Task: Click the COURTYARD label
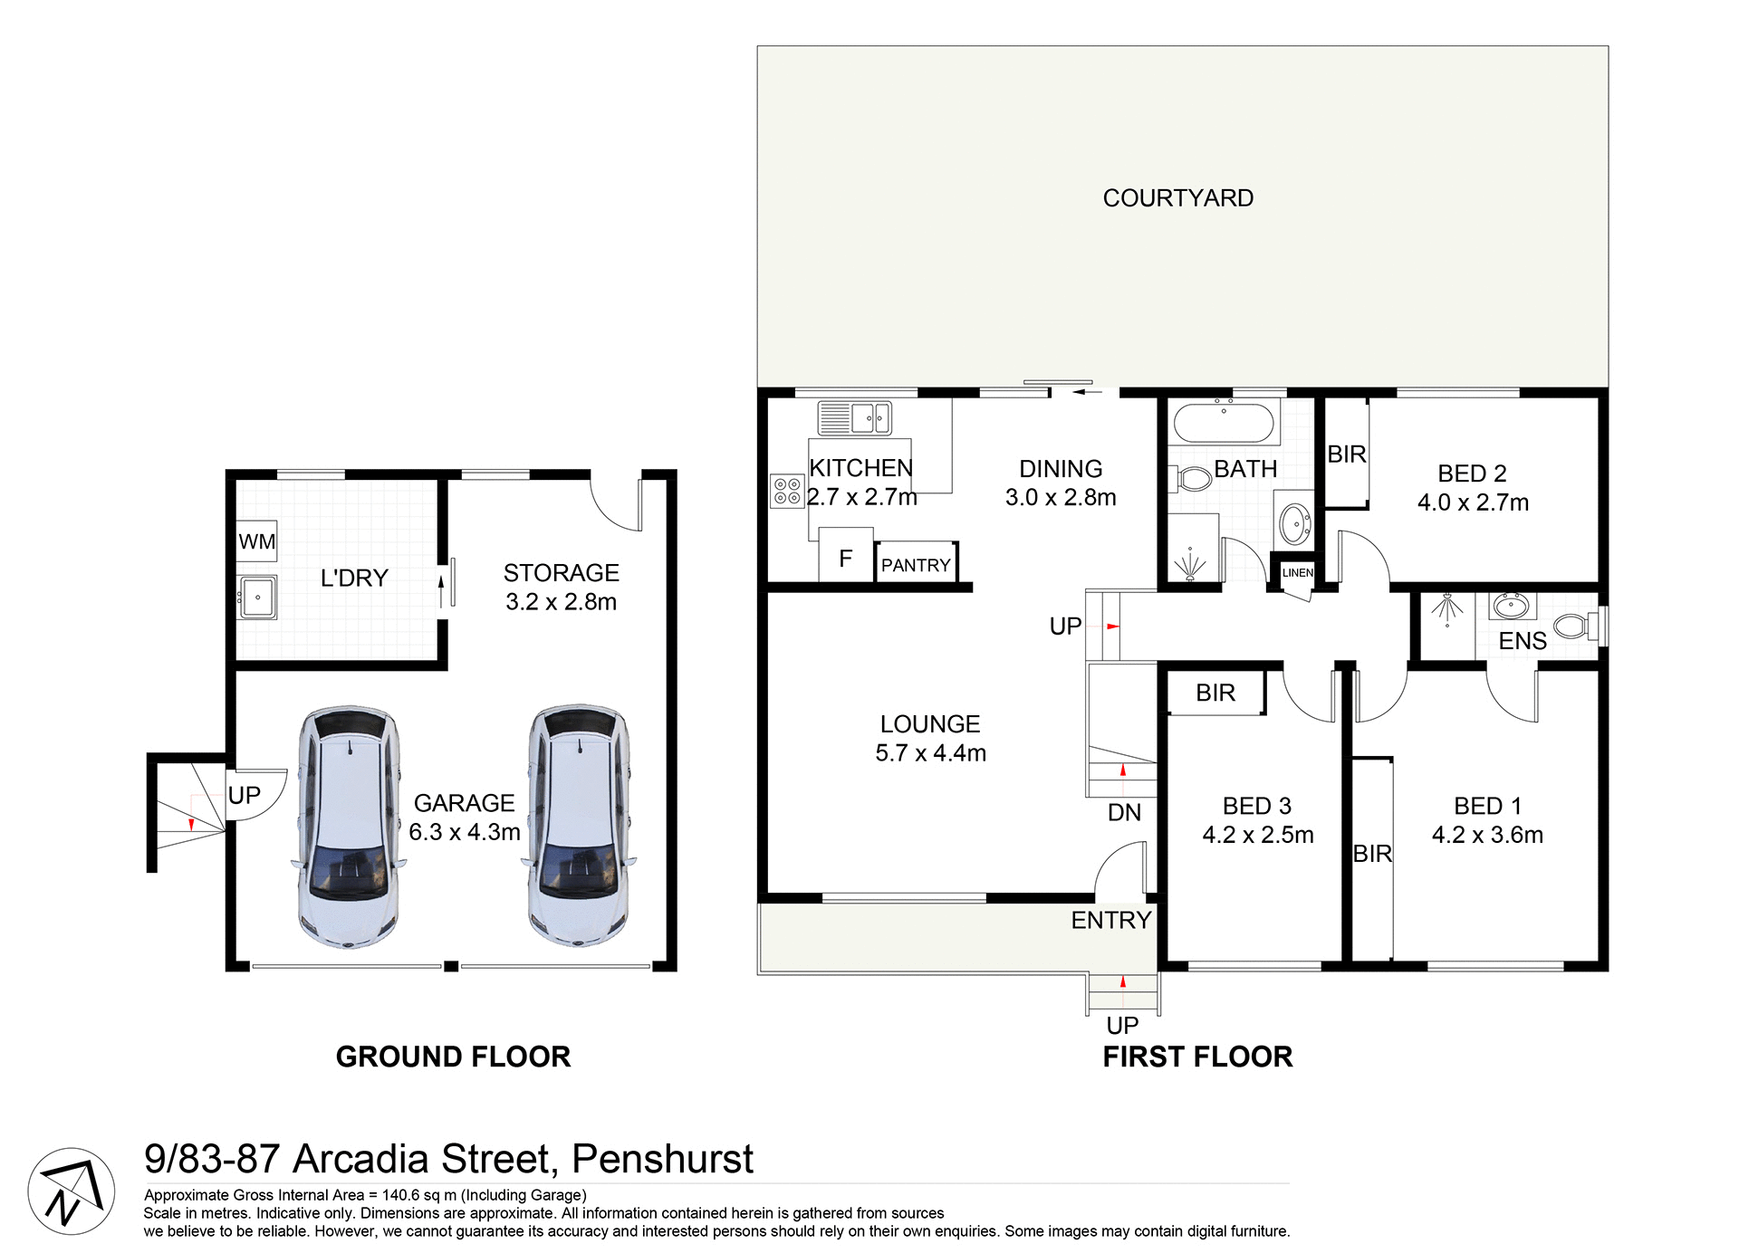coord(1177,198)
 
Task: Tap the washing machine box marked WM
coord(256,541)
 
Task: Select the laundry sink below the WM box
coord(257,598)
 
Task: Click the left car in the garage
coord(349,827)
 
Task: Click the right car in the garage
coord(579,827)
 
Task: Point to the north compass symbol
coord(71,1191)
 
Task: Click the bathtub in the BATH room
coord(1224,423)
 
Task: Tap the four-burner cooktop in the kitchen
coord(786,492)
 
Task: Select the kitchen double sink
coord(854,418)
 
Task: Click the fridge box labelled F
coord(845,559)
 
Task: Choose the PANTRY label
coord(916,565)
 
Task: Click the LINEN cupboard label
coord(1297,573)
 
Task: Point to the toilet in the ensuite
coord(1574,626)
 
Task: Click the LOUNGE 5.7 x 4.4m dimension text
coord(930,753)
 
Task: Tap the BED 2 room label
coord(1472,473)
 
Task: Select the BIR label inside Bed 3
coord(1215,693)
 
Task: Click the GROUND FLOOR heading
coord(453,1057)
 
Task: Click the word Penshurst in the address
coord(662,1160)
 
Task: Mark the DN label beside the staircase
coord(1124,812)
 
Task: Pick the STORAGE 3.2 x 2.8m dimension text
coord(561,602)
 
